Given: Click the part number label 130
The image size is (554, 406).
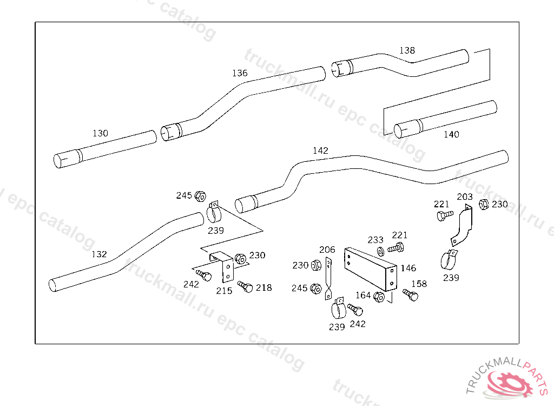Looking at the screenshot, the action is click(100, 133).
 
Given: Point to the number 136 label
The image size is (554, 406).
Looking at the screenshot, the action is click(240, 73).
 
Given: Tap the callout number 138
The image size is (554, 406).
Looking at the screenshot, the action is click(407, 50).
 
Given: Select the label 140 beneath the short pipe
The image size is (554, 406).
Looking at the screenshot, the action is click(452, 134).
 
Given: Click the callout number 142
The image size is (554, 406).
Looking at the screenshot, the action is click(320, 150).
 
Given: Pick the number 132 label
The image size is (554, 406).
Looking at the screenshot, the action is click(99, 254).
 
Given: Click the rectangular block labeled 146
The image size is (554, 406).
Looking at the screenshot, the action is click(371, 269).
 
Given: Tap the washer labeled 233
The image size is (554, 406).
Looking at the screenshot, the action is click(381, 252).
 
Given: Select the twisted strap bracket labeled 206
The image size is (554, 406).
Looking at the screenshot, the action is click(328, 279).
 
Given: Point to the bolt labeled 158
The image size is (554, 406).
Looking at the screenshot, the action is click(411, 294).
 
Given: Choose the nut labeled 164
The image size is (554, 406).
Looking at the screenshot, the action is click(379, 297).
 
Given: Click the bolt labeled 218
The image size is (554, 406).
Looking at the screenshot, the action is click(245, 286).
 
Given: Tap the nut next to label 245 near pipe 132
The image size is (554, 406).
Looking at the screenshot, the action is click(200, 196).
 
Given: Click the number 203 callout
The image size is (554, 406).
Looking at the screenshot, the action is click(465, 197).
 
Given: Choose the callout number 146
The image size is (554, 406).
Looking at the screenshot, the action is click(408, 268).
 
